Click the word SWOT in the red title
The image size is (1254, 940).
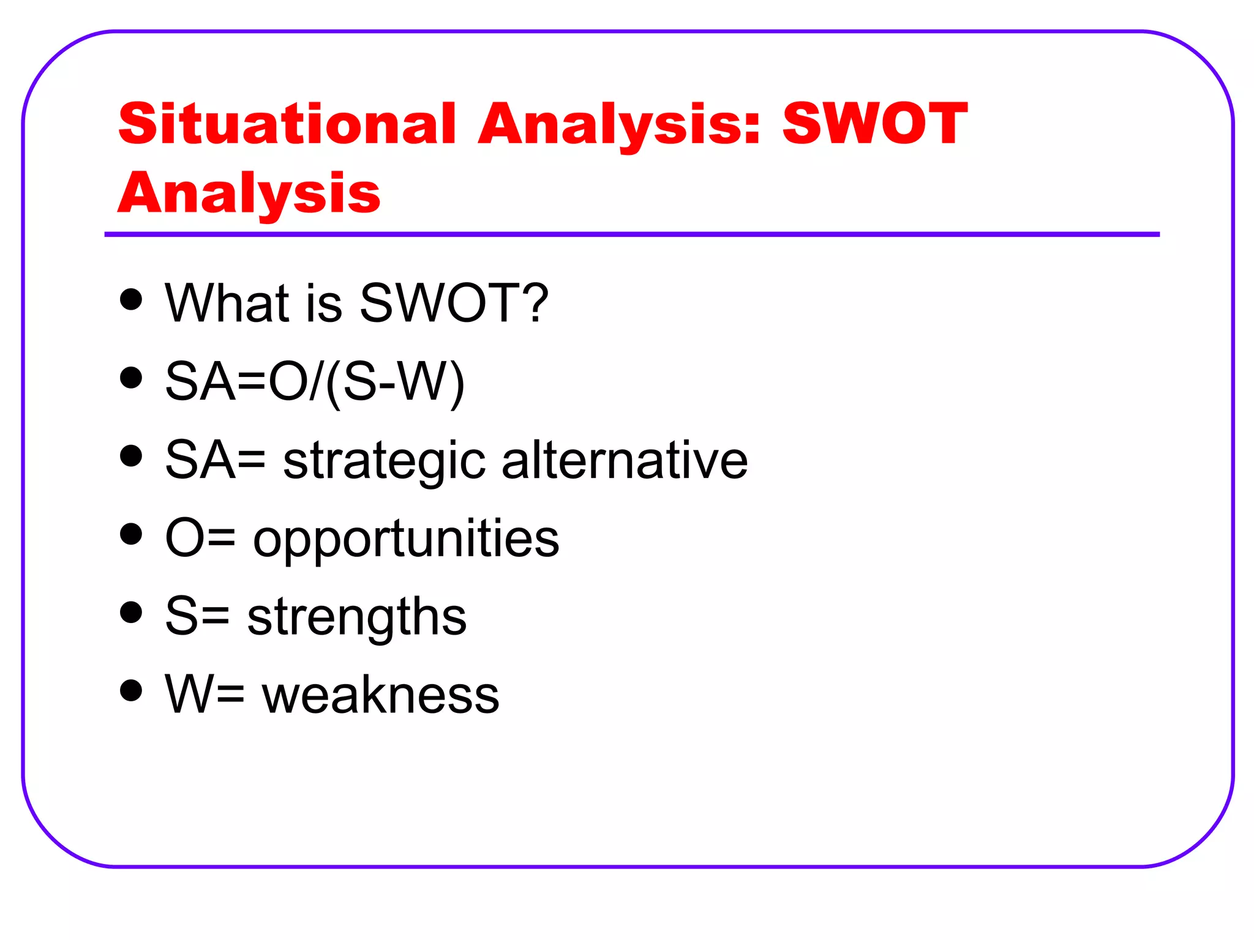[x=874, y=124]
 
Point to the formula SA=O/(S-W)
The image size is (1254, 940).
[x=315, y=382]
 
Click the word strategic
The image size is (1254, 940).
[x=384, y=461]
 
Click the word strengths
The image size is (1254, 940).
[x=356, y=617]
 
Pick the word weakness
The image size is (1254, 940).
[x=380, y=695]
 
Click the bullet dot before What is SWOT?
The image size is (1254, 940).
[x=131, y=300]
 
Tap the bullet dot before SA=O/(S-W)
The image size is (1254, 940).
[x=131, y=378]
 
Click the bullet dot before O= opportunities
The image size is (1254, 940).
[x=131, y=534]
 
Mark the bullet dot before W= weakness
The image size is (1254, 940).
[x=131, y=690]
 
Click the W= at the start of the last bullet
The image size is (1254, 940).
[x=205, y=695]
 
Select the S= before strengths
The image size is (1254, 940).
[x=197, y=617]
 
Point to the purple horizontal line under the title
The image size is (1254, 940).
[x=631, y=234]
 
